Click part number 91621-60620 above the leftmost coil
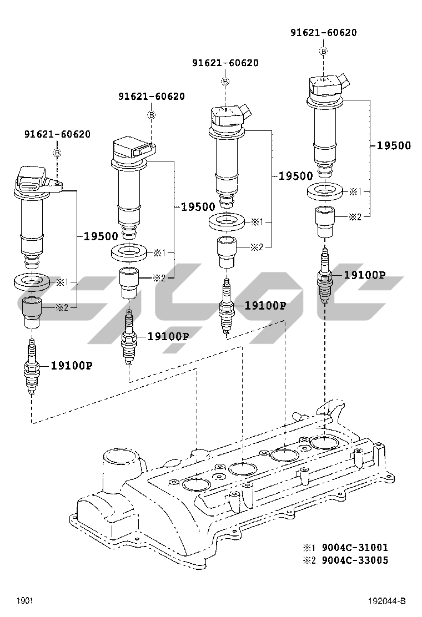[57, 134]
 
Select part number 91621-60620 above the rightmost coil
[323, 33]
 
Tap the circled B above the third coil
[225, 82]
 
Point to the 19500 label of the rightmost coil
[394, 146]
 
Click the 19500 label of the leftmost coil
[101, 236]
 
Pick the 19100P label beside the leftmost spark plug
[71, 365]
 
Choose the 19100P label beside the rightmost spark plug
[364, 275]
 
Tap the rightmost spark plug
[324, 276]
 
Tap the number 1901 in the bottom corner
[24, 601]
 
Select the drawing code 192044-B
[387, 601]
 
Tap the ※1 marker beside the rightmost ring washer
[355, 191]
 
